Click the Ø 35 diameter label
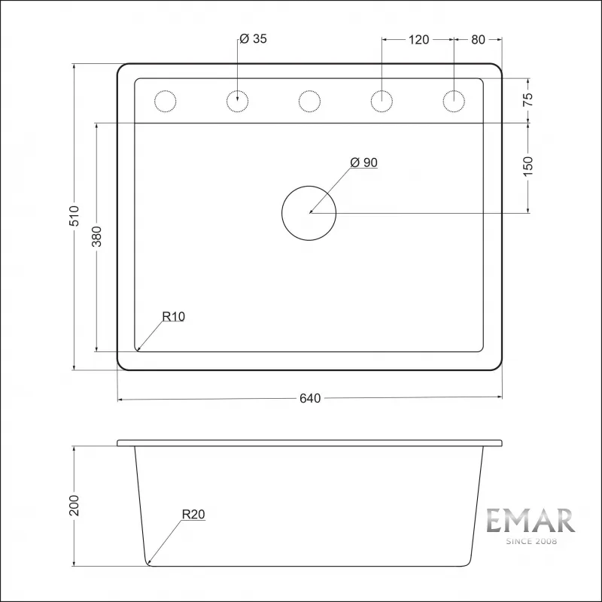(x=254, y=40)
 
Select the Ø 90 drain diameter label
(x=363, y=163)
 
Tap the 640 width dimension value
(x=310, y=398)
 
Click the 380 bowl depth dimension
(x=97, y=237)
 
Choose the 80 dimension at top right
(x=478, y=40)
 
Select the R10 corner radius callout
(x=173, y=317)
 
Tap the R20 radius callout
(x=193, y=515)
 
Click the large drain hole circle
(x=309, y=214)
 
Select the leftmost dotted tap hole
(x=164, y=101)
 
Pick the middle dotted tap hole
(x=309, y=101)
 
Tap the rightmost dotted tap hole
(x=455, y=101)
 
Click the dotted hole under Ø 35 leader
(x=237, y=101)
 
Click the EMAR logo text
(x=530, y=521)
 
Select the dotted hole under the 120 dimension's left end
(x=382, y=101)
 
